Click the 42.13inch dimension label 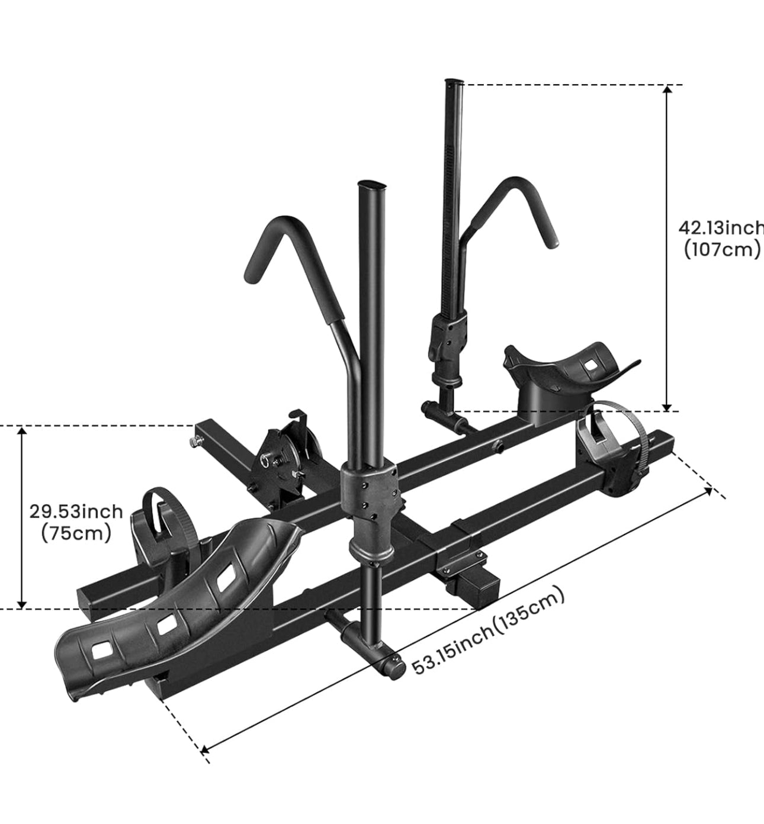point(720,228)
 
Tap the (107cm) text point(721,250)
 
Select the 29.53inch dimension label point(76,511)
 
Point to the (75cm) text point(76,533)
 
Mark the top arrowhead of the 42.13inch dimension point(667,89)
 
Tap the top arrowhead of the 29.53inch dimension point(22,430)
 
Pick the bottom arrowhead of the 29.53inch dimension point(22,604)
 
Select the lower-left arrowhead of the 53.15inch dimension point(205,749)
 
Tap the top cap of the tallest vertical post point(454,82)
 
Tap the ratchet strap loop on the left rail point(156,503)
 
